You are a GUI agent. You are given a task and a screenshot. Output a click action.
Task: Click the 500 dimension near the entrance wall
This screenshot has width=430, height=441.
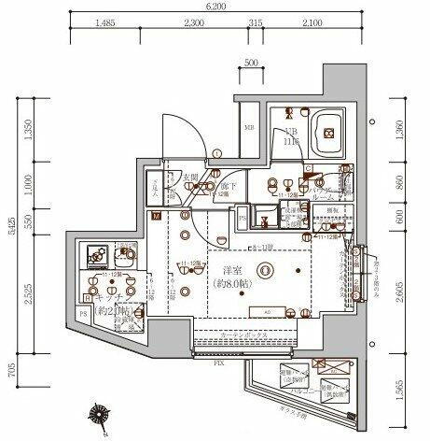pos(249,63)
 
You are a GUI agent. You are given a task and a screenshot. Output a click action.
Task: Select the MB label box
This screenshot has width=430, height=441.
pos(249,128)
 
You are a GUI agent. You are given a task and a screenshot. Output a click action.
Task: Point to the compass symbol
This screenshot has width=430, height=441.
pos(98,413)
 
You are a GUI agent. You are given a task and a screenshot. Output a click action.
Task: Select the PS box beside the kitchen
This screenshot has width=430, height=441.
pos(84,314)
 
